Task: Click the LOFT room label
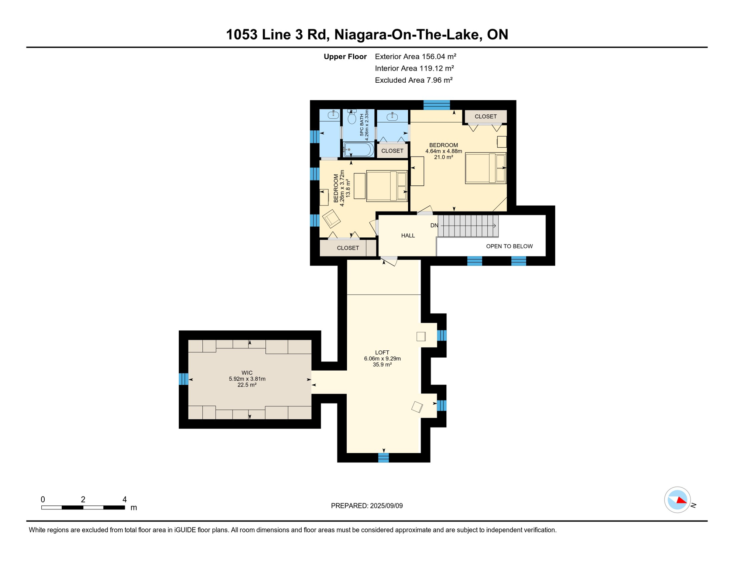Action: [x=382, y=353]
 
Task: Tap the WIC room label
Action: [x=247, y=373]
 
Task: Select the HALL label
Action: [x=408, y=236]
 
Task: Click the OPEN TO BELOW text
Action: [x=509, y=246]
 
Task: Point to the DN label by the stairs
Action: [x=434, y=226]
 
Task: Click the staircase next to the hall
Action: [x=468, y=226]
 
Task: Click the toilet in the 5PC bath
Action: [x=352, y=118]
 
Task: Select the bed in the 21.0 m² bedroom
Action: [x=485, y=168]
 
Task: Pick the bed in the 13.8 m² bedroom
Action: [x=387, y=186]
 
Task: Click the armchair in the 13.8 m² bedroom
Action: [x=331, y=219]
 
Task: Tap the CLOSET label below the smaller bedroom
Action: [x=348, y=248]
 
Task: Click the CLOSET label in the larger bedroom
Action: [x=486, y=117]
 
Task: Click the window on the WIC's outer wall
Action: [x=183, y=379]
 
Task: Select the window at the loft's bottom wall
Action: [x=384, y=458]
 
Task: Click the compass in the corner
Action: [x=678, y=500]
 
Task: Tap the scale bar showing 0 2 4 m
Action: [x=83, y=508]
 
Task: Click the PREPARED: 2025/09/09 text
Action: [x=367, y=506]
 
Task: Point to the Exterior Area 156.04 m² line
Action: [x=415, y=56]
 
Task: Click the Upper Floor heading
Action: [x=345, y=56]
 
